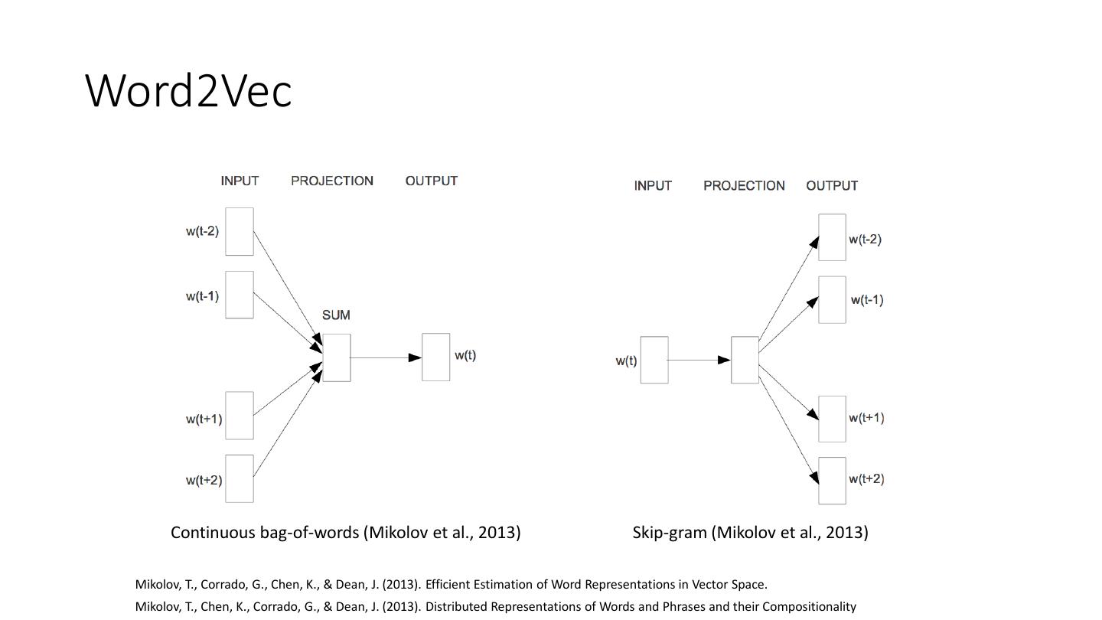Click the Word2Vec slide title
[188, 90]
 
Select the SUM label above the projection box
[336, 315]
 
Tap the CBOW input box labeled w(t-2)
[240, 231]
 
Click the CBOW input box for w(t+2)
[240, 478]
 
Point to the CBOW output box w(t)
[435, 357]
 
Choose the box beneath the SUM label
[337, 357]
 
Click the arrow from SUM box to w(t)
[386, 357]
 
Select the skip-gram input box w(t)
[654, 360]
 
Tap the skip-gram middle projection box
[745, 360]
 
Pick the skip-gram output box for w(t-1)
[832, 300]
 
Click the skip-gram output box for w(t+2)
[832, 481]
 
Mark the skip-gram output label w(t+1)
[866, 418]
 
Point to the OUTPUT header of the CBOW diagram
[432, 181]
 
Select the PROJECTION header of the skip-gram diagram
[744, 186]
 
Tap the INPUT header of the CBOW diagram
[240, 181]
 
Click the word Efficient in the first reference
[449, 585]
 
